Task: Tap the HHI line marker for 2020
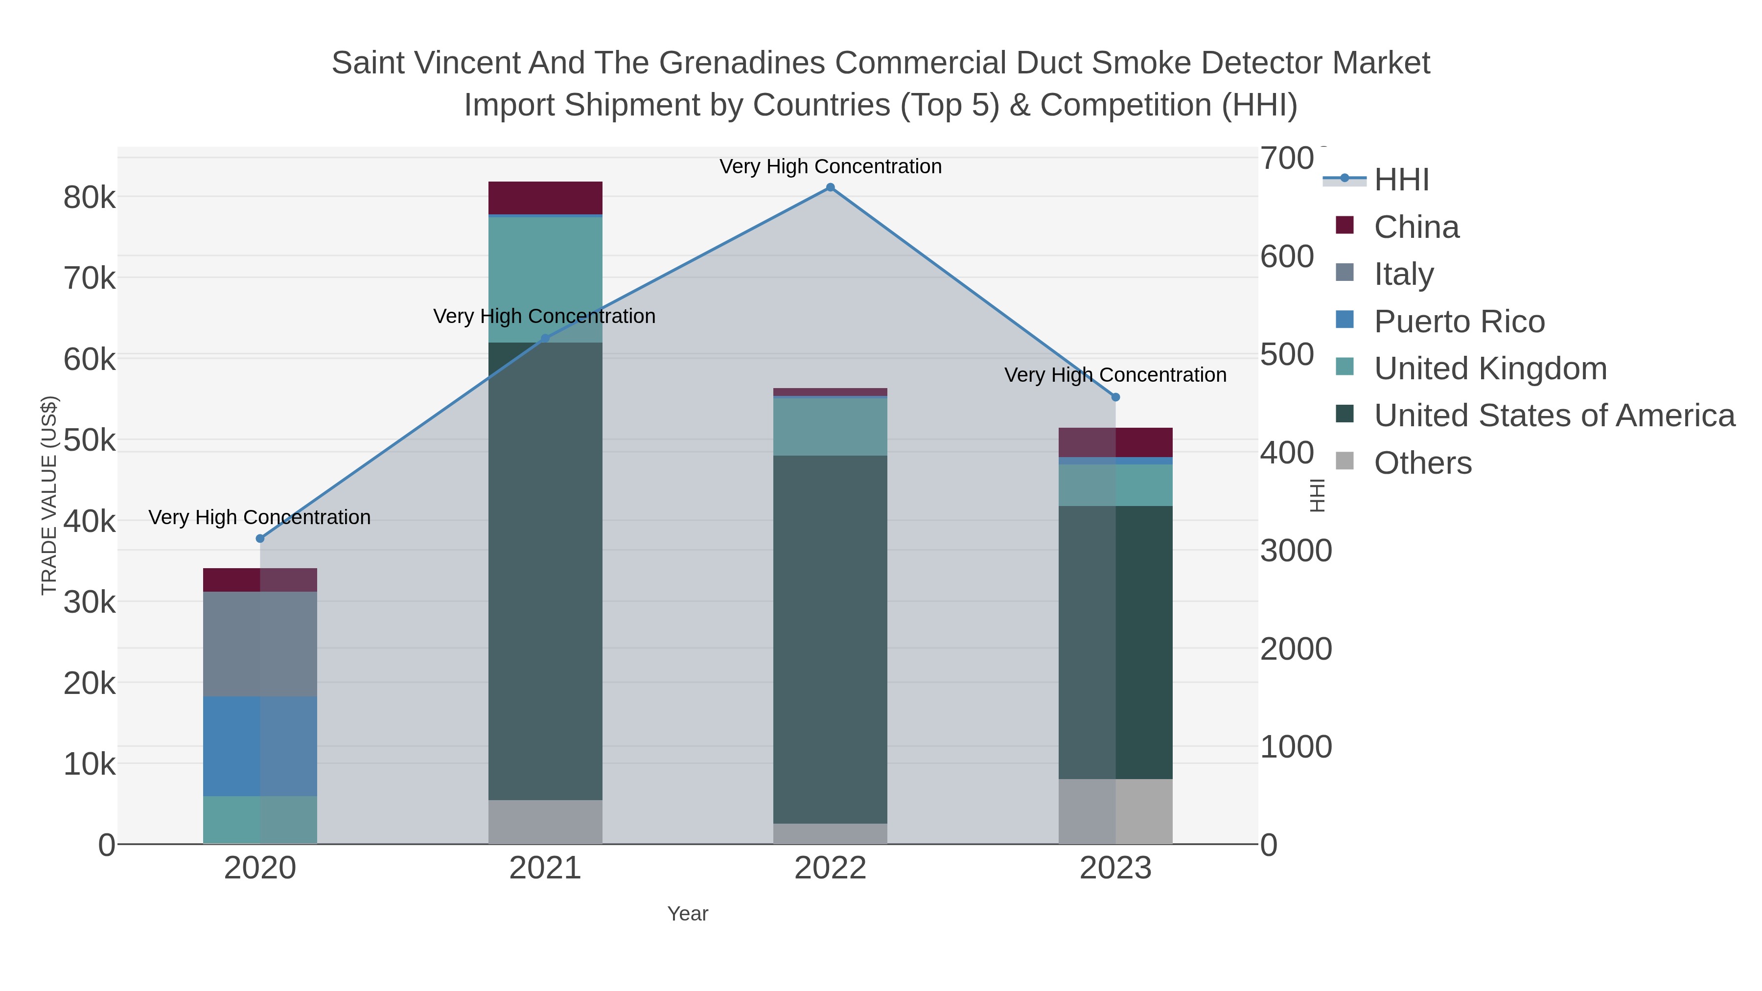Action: click(x=260, y=539)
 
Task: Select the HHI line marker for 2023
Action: click(x=1115, y=397)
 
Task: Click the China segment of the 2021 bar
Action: click(x=545, y=198)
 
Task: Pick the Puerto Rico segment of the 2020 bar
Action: click(x=260, y=746)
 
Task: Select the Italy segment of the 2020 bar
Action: click(x=260, y=644)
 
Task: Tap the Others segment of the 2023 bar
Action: click(x=1115, y=811)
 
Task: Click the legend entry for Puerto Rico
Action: click(x=1459, y=322)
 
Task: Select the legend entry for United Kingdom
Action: click(x=1490, y=369)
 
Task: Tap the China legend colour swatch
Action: click(x=1344, y=226)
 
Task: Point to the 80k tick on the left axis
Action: click(x=90, y=198)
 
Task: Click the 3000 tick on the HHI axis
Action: click(x=1296, y=551)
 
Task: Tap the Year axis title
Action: click(x=688, y=914)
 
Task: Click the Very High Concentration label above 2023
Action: click(x=1115, y=375)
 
